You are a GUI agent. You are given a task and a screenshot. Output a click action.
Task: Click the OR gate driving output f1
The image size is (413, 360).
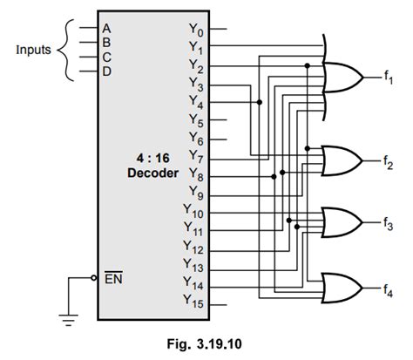[342, 78]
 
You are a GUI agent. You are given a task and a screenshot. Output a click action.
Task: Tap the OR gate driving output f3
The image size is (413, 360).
[342, 222]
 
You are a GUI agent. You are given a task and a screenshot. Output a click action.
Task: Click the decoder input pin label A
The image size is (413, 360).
[107, 28]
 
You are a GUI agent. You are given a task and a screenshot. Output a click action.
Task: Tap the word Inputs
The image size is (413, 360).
[33, 49]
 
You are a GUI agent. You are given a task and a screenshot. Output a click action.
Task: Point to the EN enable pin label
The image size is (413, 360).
[113, 280]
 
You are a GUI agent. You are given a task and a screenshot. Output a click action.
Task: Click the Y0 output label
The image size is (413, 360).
[196, 29]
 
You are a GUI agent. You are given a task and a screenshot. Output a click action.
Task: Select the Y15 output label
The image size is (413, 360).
[193, 302]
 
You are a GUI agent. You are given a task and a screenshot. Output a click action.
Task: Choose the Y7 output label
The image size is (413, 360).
[196, 156]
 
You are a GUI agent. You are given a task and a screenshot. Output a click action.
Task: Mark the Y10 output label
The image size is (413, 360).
[193, 211]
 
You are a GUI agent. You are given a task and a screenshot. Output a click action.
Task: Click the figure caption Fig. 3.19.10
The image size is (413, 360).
[206, 343]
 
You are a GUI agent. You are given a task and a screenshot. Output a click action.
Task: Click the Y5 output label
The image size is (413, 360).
[196, 120]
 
